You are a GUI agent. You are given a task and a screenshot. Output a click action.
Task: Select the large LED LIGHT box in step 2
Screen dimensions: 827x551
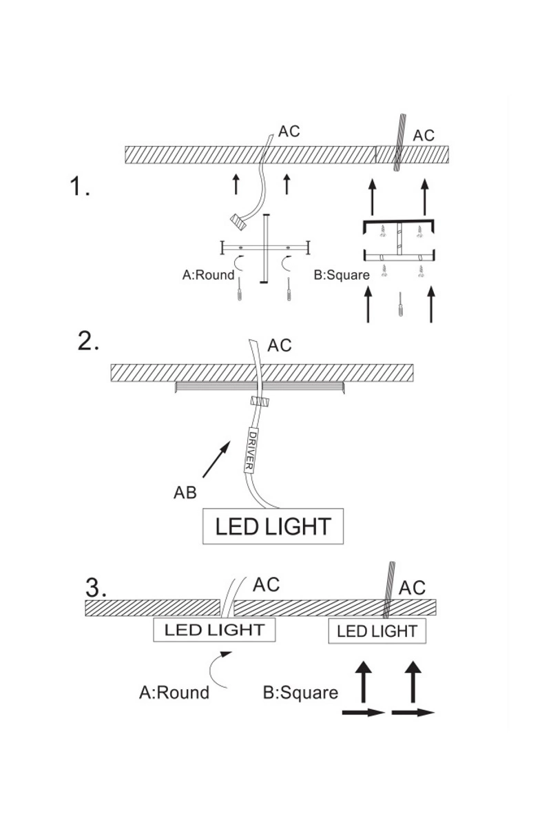coord(272,527)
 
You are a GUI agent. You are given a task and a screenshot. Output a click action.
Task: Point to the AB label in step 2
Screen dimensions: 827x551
coord(185,493)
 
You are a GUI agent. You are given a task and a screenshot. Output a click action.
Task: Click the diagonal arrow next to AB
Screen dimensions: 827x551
coord(218,460)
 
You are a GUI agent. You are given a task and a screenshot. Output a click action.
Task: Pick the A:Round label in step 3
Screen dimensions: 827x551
coord(174,692)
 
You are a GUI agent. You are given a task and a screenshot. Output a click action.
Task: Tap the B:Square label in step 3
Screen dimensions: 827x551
coord(301,692)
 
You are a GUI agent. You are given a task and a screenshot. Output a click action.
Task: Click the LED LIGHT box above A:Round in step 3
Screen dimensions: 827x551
coord(214,629)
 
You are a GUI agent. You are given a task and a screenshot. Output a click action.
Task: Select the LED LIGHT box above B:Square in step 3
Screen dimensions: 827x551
coord(377,631)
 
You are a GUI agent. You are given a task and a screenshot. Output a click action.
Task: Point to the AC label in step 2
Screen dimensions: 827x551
coord(279,345)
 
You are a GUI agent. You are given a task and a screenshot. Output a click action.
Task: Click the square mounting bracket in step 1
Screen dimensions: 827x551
coord(399,241)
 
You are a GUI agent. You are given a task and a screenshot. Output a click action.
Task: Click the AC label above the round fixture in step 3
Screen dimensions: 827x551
coord(267,585)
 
